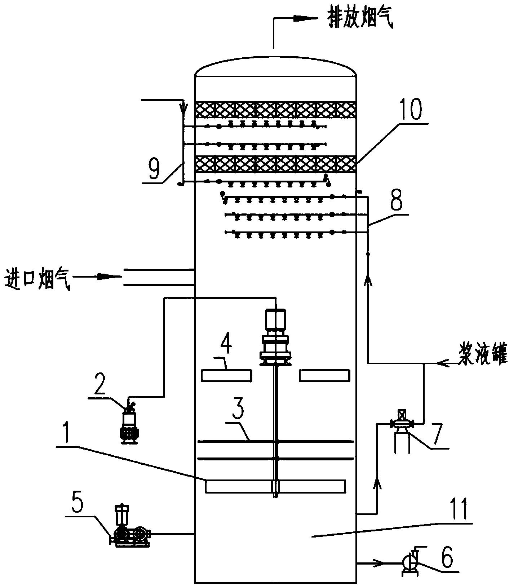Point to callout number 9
(154, 170)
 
